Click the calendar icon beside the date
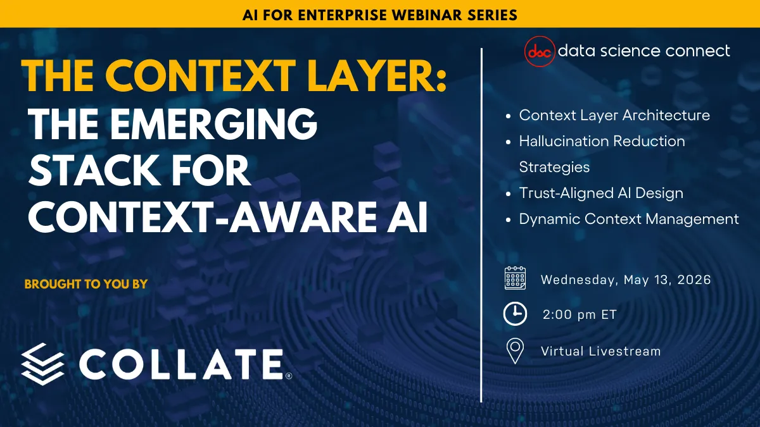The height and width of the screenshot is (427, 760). [x=515, y=279]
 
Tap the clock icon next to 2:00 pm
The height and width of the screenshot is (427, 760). [x=515, y=314]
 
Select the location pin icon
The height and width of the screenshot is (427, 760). [x=516, y=351]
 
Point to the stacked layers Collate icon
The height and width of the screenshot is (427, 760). [x=42, y=364]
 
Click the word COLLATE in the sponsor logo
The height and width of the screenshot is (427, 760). [x=182, y=364]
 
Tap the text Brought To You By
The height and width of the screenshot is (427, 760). [x=85, y=284]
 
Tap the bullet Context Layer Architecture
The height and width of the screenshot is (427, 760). [x=614, y=115]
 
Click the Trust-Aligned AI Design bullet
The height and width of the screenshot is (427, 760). [x=601, y=193]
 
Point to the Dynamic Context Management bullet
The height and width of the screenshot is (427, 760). [x=629, y=219]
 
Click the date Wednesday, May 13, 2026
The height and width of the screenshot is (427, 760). [x=626, y=280]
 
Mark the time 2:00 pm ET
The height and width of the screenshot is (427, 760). [x=579, y=314]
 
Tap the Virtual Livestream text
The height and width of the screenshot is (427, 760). [x=600, y=351]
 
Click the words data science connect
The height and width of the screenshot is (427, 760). [x=643, y=51]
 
